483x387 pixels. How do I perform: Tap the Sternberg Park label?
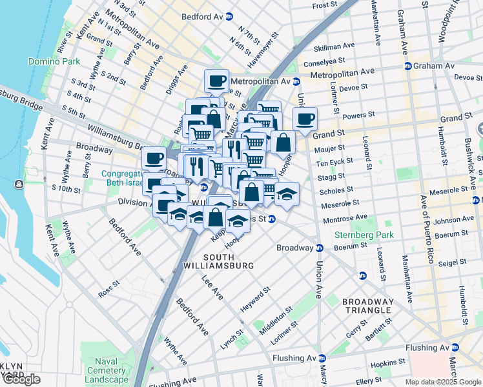point(362,235)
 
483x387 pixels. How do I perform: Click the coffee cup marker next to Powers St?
point(305,118)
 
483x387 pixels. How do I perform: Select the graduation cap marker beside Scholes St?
point(286,192)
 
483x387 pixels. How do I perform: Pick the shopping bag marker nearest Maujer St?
point(283,142)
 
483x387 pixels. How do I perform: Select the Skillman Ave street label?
point(334,46)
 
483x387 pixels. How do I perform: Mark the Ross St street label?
point(108,284)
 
